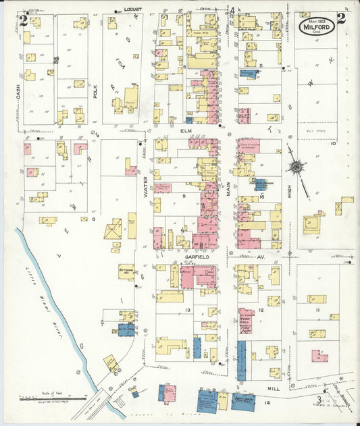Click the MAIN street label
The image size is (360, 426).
[229, 187]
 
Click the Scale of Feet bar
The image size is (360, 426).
[43, 399]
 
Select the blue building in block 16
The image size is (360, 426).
[259, 184]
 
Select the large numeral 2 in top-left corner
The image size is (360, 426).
[24, 20]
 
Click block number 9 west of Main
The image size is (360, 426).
[183, 195]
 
